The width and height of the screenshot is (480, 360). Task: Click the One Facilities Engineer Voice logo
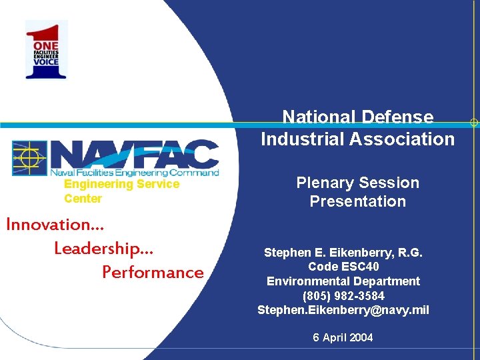(x=47, y=50)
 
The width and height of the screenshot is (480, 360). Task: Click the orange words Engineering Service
(x=121, y=184)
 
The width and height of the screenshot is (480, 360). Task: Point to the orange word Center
(x=83, y=199)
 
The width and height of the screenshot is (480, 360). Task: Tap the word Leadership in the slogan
(x=103, y=248)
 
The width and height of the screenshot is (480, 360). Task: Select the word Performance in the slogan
(x=153, y=272)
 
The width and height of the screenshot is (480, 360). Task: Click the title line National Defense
(x=357, y=117)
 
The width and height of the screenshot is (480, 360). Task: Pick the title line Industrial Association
(x=357, y=139)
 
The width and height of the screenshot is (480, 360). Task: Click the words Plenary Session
(x=357, y=183)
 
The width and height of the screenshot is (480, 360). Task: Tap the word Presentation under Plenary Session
(x=357, y=201)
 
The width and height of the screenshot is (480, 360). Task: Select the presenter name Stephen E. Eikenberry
(x=343, y=253)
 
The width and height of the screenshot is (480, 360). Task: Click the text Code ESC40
(x=343, y=267)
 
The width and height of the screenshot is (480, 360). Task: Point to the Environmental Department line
(x=343, y=281)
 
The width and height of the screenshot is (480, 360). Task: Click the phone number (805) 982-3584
(x=343, y=295)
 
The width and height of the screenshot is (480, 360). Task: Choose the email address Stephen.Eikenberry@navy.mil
(x=343, y=310)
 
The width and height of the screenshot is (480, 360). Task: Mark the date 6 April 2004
(x=343, y=337)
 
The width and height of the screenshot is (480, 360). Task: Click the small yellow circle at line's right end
(x=473, y=123)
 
